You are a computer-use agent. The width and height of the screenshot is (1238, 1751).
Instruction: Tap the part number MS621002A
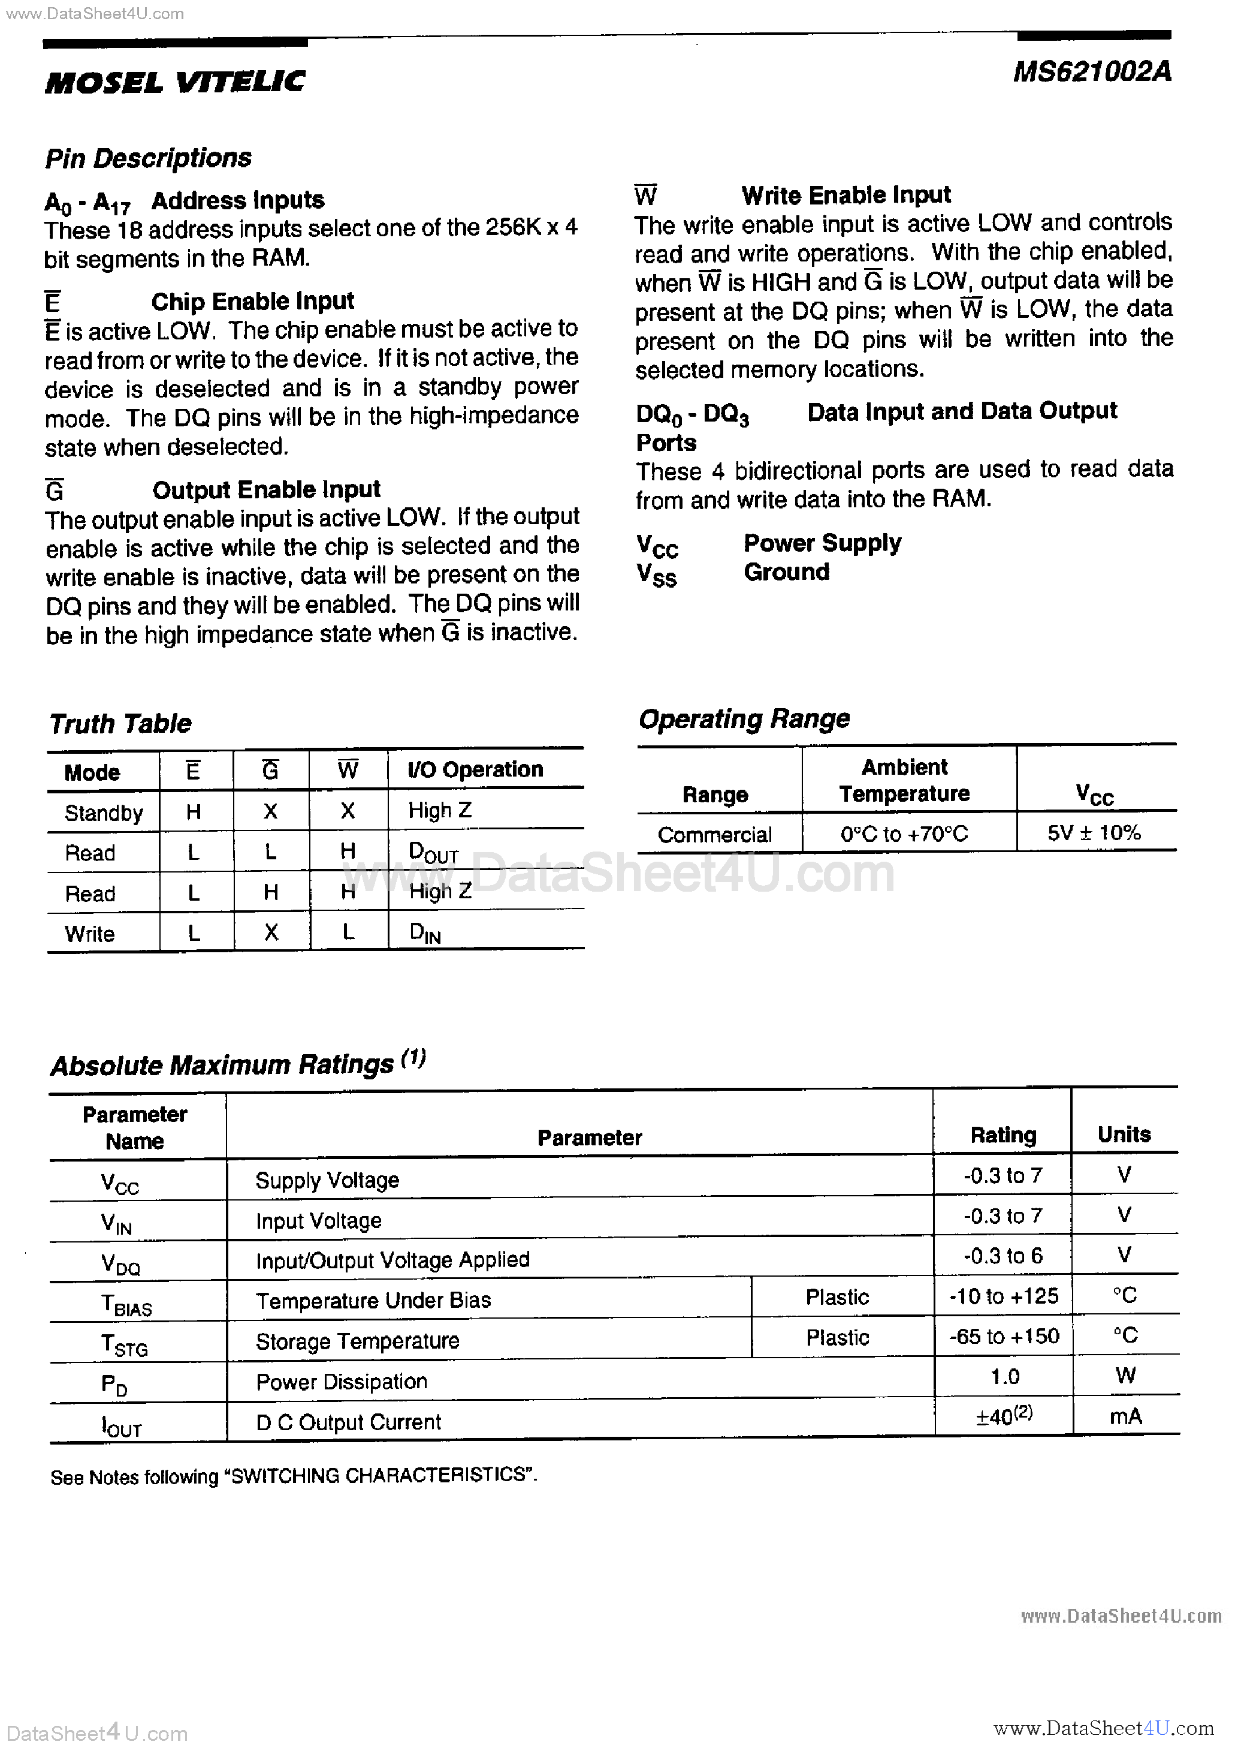(1092, 72)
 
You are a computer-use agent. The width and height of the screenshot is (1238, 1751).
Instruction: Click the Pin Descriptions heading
(148, 158)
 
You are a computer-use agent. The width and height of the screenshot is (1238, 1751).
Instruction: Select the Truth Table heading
(120, 723)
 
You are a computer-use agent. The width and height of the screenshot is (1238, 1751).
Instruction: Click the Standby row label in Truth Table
(104, 813)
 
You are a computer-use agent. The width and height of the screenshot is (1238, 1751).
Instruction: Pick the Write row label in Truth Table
(89, 934)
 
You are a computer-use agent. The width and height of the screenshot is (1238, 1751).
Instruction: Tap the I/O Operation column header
(475, 769)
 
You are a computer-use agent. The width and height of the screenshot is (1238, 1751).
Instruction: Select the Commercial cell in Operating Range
(714, 834)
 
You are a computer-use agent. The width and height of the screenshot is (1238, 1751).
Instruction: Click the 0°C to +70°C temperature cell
(904, 834)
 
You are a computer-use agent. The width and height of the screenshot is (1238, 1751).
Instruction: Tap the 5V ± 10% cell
(1094, 833)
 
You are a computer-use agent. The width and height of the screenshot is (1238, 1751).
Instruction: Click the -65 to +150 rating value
(1003, 1336)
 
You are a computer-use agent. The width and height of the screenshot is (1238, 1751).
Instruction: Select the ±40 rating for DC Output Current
(1003, 1416)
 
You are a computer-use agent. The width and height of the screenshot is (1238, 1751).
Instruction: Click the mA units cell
(1125, 1416)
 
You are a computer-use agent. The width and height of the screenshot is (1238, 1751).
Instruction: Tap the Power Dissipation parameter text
(341, 1381)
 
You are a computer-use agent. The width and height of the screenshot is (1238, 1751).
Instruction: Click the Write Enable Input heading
(846, 195)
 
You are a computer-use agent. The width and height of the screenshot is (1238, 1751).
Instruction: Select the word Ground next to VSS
(786, 572)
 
